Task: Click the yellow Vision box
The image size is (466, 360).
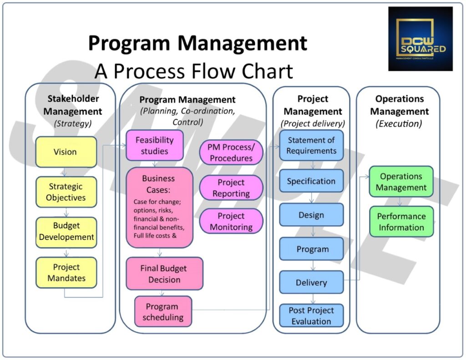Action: [66, 152]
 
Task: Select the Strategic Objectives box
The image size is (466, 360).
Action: [66, 192]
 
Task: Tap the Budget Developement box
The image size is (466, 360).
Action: [66, 232]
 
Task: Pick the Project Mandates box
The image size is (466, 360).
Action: [66, 273]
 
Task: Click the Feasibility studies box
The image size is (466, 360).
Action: [155, 145]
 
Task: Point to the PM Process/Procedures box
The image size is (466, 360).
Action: [231, 152]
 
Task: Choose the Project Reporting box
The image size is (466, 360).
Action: [231, 188]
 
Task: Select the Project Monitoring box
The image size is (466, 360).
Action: [231, 221]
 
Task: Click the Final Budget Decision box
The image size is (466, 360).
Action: [164, 274]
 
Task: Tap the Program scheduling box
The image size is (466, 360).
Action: [163, 311]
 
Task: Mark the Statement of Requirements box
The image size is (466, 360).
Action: [311, 146]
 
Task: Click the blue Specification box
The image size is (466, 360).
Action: [311, 181]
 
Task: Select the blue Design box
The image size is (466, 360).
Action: [311, 215]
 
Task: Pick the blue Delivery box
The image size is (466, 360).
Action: [311, 283]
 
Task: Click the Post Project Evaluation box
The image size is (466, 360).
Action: [311, 316]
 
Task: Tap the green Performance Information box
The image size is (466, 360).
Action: [401, 222]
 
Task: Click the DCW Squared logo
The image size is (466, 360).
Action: [420, 39]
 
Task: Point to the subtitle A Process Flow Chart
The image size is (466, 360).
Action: [193, 71]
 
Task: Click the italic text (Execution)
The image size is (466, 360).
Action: [399, 123]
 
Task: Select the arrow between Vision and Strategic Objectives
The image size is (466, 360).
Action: [66, 172]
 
